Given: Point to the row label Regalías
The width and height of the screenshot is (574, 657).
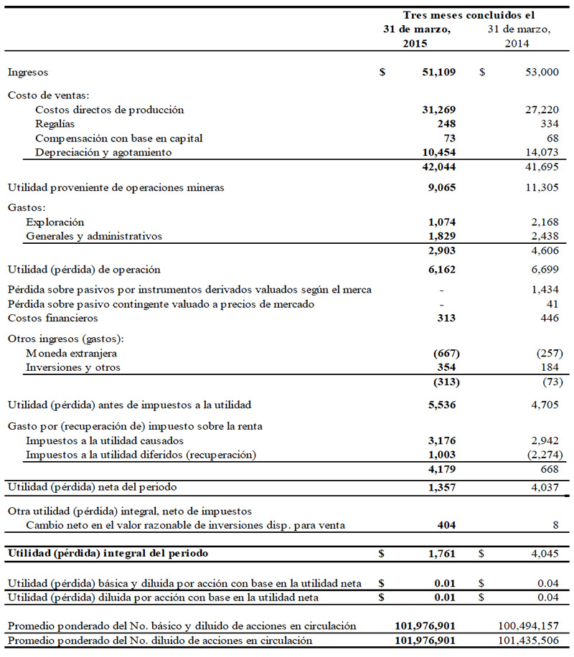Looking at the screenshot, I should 55,124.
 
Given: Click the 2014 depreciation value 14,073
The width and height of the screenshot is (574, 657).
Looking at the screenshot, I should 534,153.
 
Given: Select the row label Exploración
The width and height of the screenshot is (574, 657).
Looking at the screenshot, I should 55,222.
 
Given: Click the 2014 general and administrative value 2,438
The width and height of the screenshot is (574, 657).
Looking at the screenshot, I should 536,236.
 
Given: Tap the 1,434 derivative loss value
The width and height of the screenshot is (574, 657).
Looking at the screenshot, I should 536,289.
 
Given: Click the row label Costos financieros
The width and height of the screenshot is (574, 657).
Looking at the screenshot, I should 52,318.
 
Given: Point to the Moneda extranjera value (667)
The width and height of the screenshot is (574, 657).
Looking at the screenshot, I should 444,354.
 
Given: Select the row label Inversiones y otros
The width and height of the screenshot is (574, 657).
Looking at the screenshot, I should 73,367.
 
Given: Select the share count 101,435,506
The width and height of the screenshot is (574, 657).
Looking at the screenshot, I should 527,640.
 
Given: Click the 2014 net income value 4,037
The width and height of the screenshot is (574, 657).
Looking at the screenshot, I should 536,488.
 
